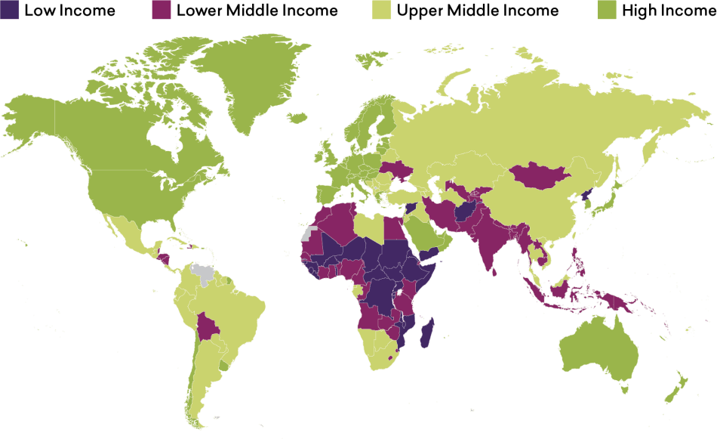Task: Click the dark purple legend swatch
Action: pyautogui.click(x=10, y=9)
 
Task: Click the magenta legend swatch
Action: pyautogui.click(x=161, y=9)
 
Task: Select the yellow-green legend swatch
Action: pyautogui.click(x=382, y=9)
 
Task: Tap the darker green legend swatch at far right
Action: pyautogui.click(x=607, y=9)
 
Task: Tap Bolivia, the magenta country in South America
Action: pyautogui.click(x=206, y=329)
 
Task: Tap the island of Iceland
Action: pyautogui.click(x=297, y=117)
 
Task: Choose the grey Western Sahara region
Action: pyautogui.click(x=309, y=233)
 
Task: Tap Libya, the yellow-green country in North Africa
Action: pyautogui.click(x=368, y=227)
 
